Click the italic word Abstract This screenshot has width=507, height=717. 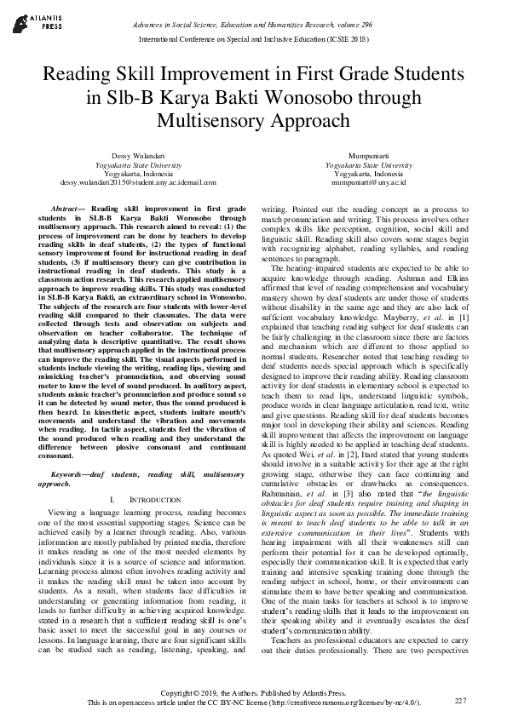point(65,208)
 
